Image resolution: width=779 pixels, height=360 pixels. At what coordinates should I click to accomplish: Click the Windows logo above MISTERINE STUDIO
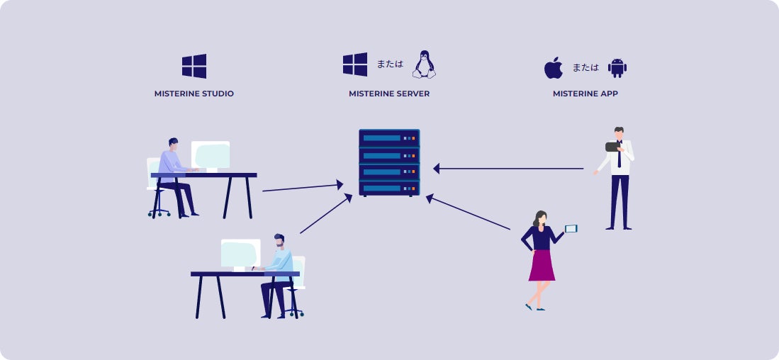tap(194, 66)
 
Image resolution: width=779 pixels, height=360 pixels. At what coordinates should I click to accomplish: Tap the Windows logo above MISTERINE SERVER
tap(355, 64)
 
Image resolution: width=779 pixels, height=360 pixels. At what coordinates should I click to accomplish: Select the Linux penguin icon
tap(424, 64)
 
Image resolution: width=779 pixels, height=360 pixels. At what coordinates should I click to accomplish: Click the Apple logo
tap(553, 68)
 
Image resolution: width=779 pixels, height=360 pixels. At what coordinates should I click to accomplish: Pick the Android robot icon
tap(617, 68)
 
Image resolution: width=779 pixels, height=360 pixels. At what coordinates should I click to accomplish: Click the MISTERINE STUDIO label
tap(194, 94)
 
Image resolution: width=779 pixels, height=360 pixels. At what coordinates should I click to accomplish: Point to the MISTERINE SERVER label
tap(389, 94)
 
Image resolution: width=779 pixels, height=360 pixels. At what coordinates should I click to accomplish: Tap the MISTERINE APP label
tap(585, 94)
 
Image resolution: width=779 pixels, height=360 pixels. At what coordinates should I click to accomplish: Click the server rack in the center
tap(389, 162)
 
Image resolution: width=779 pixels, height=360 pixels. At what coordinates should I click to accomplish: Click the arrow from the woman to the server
tap(468, 213)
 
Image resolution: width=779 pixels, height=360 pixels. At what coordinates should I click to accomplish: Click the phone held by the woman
tap(571, 228)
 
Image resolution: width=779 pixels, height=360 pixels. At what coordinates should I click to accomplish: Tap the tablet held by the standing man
tap(612, 147)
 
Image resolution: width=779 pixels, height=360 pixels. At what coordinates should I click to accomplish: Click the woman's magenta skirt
tap(542, 265)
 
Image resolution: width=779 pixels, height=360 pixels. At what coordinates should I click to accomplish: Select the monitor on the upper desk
tap(211, 154)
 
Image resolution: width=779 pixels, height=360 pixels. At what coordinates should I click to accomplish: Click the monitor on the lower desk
tap(240, 253)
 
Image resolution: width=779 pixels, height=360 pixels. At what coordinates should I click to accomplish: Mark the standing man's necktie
tap(620, 157)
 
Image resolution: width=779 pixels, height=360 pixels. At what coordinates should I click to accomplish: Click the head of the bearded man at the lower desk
tap(279, 241)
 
